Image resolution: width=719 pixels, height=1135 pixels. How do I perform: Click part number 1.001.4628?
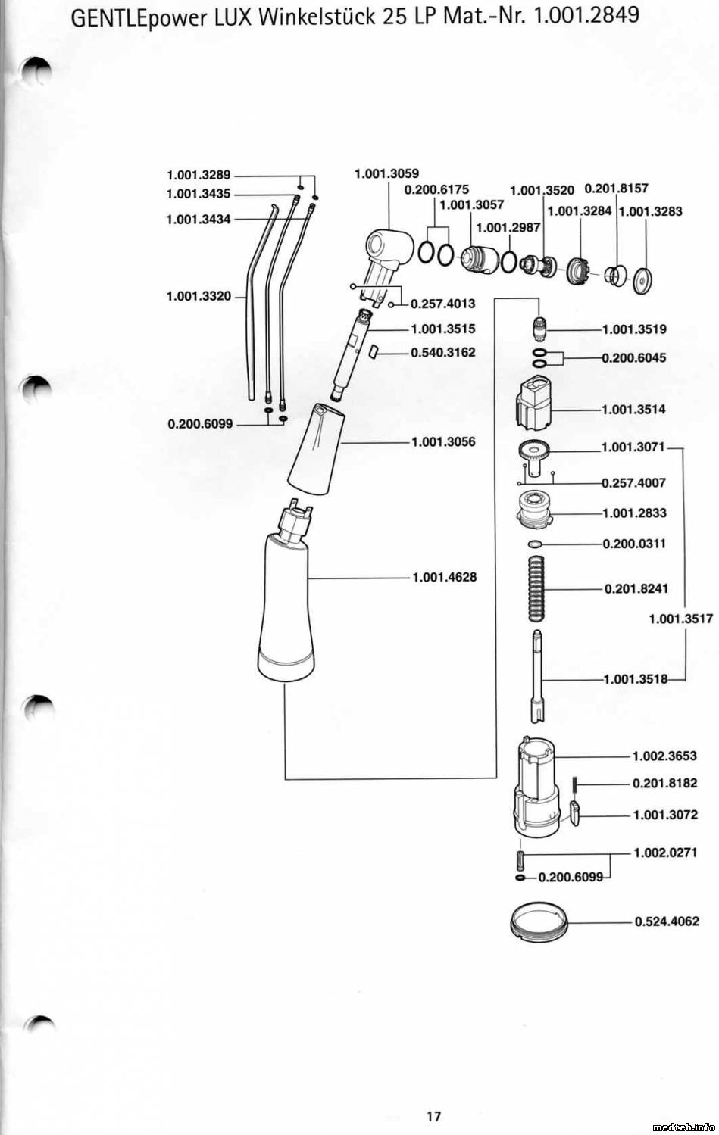pos(444,577)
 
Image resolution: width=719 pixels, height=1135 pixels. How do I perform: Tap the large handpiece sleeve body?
pos(286,606)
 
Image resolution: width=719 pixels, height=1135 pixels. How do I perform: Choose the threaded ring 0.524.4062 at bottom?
pos(539,922)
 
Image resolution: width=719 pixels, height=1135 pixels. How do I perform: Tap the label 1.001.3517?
pos(680,619)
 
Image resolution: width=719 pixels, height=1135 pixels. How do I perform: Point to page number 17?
pos(434,1115)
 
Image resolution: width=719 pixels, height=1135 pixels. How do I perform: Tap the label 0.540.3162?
pos(443,352)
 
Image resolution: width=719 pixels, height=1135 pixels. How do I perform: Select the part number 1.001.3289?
pos(198,175)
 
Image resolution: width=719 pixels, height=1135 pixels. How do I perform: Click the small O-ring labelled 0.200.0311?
pos(535,544)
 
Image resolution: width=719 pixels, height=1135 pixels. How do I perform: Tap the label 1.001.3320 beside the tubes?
pos(199,295)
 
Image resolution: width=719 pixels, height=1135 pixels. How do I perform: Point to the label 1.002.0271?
pos(665,852)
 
